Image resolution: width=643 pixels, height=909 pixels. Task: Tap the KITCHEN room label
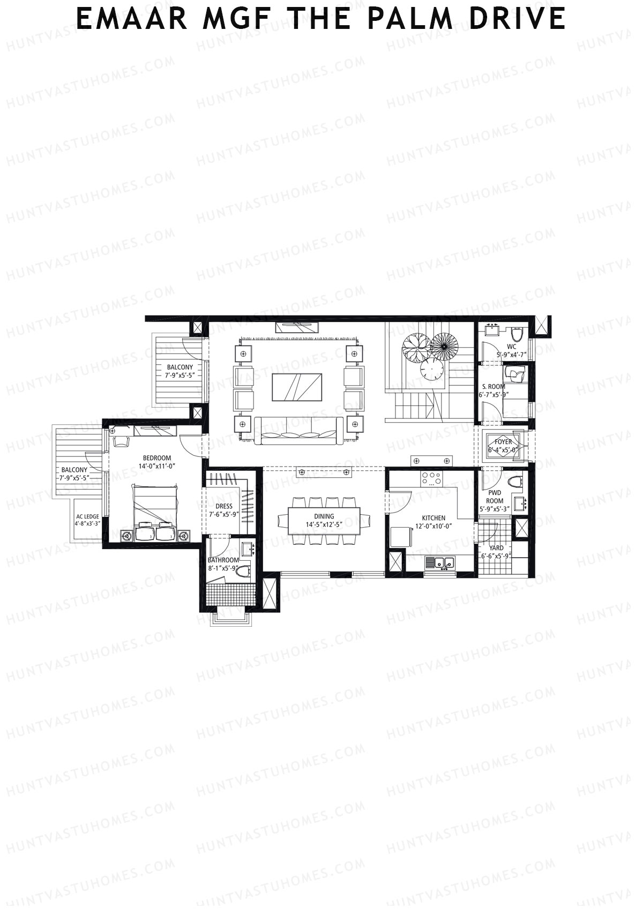coord(433,518)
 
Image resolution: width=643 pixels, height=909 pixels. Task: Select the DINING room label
coord(324,516)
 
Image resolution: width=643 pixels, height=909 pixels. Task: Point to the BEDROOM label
coord(156,458)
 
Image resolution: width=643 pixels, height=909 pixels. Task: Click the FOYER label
coord(503,442)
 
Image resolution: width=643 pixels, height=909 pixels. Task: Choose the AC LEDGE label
coord(88,516)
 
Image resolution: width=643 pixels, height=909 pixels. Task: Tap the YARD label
coord(496,547)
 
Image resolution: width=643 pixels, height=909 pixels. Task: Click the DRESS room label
coord(224,506)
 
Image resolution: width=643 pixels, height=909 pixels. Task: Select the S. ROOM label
coord(494,386)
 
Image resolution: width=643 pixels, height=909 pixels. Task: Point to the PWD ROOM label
coord(495,497)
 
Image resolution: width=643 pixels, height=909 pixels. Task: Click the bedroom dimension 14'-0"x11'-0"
coord(156,466)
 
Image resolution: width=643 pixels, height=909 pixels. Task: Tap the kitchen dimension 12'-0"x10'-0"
coord(433,526)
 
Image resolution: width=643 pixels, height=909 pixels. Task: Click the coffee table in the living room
coord(297,387)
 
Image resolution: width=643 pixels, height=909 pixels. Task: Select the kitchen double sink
coord(439,564)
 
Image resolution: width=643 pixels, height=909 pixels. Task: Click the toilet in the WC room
coord(517,334)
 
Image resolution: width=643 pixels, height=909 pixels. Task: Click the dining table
coord(324,521)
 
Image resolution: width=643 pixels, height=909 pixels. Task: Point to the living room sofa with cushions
coord(298,430)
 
